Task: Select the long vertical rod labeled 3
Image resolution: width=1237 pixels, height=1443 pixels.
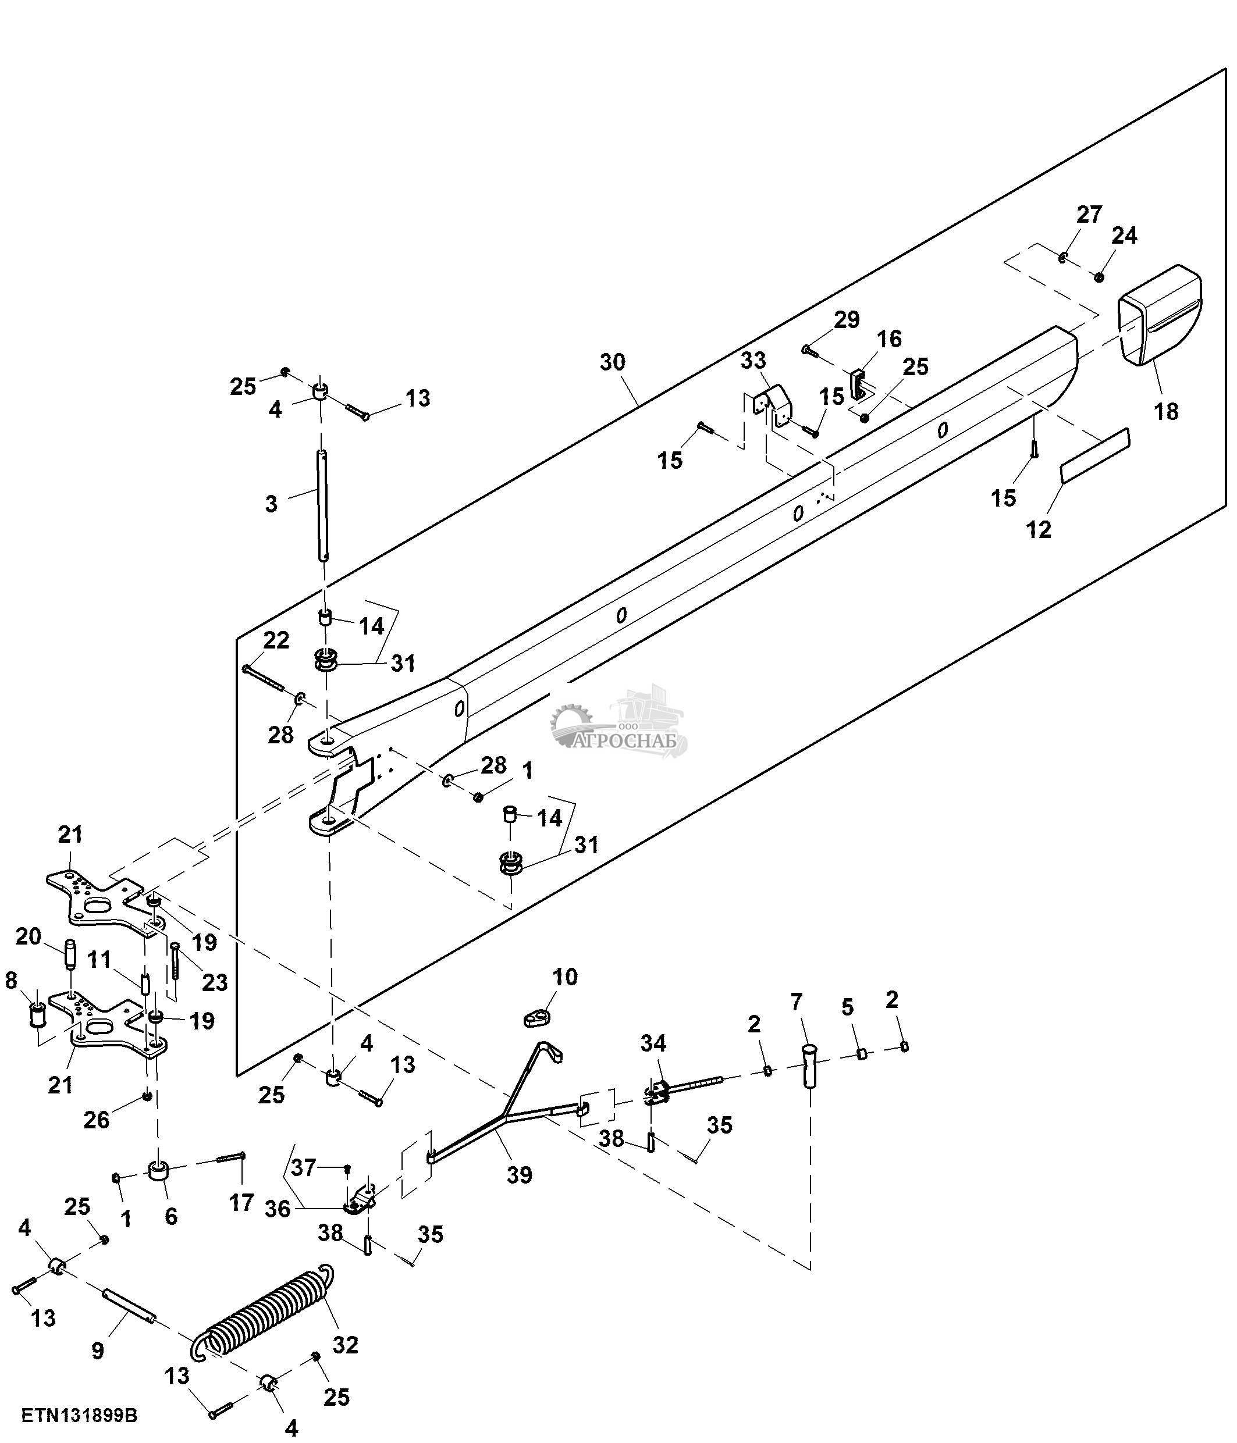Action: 322,505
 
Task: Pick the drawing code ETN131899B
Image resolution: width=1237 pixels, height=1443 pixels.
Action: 79,1416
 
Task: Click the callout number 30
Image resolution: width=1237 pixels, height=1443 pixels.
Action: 613,362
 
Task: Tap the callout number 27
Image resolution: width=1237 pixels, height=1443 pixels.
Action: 1089,215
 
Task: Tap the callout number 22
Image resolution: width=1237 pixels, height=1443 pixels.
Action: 276,640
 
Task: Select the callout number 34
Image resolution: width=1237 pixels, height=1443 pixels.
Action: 653,1043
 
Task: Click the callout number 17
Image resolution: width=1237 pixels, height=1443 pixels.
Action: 241,1203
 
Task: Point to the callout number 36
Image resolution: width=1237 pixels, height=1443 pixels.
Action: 277,1209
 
